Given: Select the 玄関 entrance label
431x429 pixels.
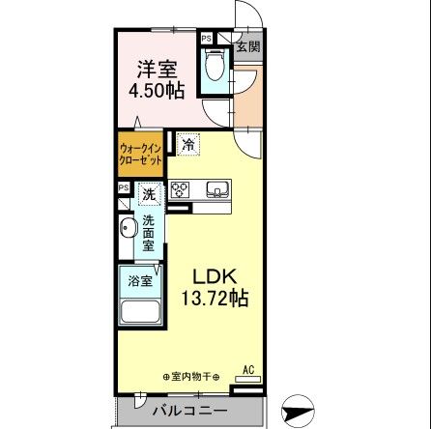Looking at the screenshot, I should [247, 46].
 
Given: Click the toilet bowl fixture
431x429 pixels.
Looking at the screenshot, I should [215, 70].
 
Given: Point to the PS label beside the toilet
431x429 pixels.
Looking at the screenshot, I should [206, 39].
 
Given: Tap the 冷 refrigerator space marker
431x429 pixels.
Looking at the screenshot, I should [187, 146].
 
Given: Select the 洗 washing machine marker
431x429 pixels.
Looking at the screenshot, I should [150, 194].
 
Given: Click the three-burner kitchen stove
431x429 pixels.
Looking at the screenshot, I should [181, 191].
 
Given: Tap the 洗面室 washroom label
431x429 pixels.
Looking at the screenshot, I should [150, 232].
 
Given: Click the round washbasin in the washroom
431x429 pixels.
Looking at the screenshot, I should [128, 231].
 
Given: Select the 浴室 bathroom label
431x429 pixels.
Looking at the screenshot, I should [140, 281].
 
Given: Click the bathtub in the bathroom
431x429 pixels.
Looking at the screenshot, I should [139, 312].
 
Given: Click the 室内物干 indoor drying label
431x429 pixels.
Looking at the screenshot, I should [193, 375].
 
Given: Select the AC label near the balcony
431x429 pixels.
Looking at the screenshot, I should [247, 368].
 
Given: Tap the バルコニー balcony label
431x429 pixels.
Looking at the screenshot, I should [185, 413].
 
